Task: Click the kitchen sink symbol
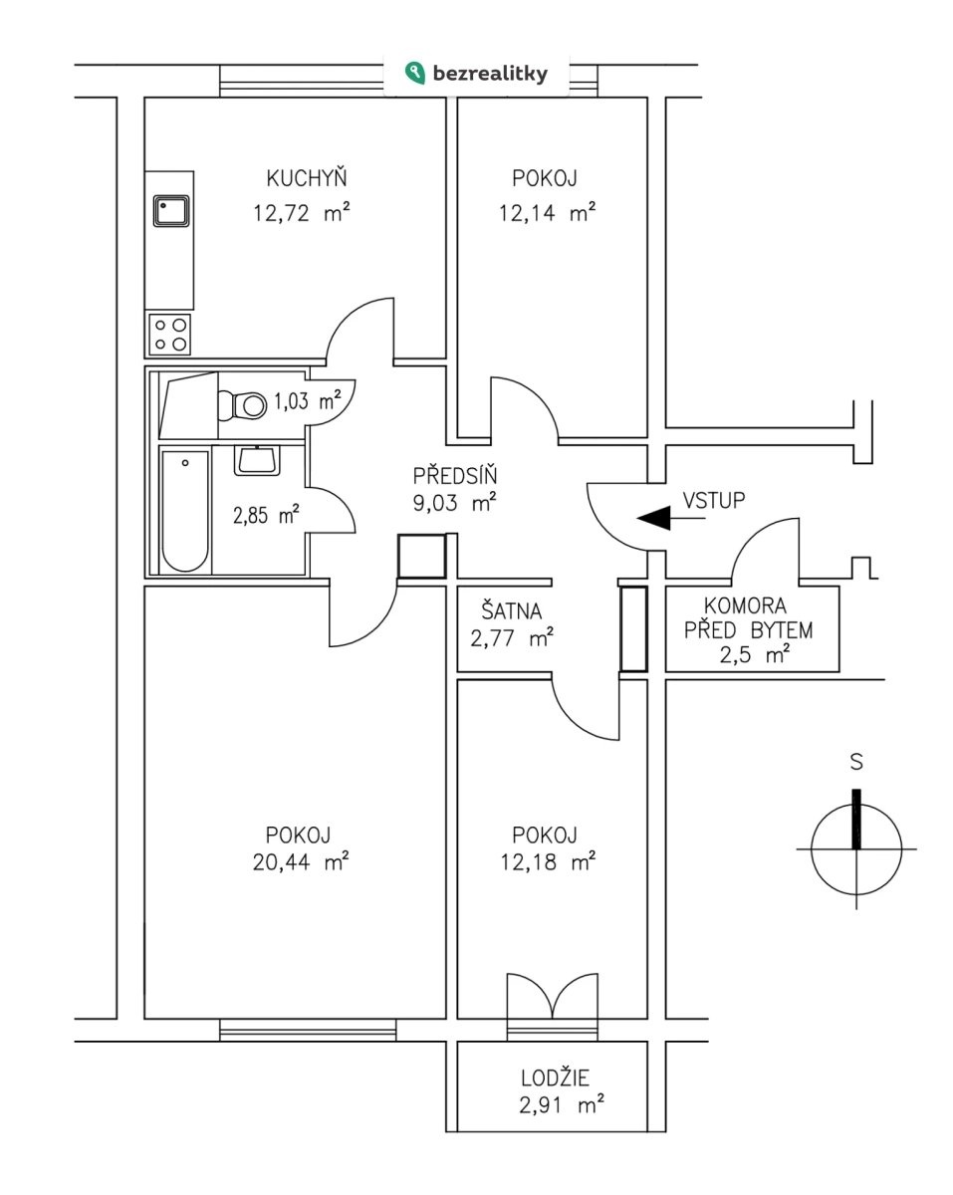(171, 211)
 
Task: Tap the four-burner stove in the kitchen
(170, 335)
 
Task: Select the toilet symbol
(242, 405)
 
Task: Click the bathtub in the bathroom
(185, 512)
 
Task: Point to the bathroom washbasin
(257, 461)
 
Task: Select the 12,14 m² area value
(547, 213)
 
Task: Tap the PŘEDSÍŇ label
(455, 475)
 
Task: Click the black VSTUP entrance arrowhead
(653, 518)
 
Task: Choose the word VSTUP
(714, 500)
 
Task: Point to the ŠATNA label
(512, 610)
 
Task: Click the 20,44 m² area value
(301, 862)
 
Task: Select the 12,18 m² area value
(548, 862)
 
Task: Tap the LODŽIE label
(556, 1077)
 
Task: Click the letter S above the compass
(856, 761)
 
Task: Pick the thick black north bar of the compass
(856, 819)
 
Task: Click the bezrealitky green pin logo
(415, 73)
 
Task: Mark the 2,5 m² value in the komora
(755, 655)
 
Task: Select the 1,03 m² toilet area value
(307, 400)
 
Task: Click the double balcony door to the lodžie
(553, 996)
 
